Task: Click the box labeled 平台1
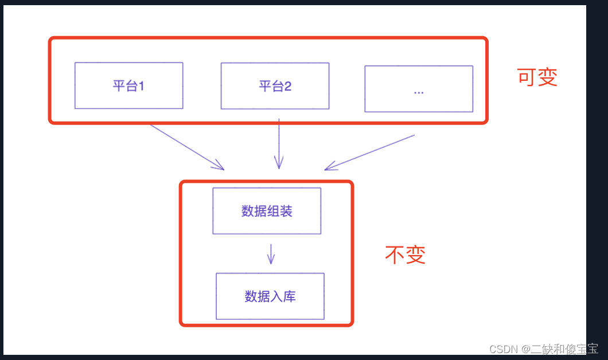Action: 128,85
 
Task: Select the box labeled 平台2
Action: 275,86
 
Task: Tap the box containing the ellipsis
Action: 419,89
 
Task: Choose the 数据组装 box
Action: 267,211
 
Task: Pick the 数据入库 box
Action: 270,296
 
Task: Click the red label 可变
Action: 537,77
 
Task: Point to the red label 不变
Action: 405,255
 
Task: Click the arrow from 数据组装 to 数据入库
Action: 271,253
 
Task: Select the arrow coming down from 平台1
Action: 186,147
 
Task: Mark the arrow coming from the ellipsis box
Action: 369,152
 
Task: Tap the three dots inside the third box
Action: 419,92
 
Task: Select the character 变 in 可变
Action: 548,77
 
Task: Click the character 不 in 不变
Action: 395,255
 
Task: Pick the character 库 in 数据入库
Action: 289,296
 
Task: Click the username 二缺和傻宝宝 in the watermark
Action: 564,349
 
